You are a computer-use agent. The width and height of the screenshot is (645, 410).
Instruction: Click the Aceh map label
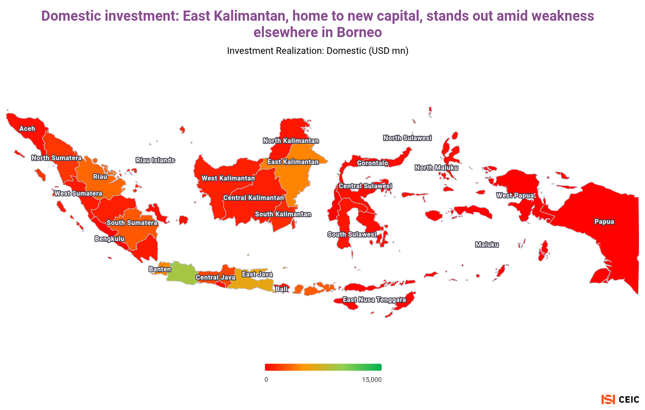point(27,128)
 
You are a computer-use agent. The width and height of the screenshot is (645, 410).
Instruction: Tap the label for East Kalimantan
point(293,162)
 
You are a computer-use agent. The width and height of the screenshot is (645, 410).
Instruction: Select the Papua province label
point(604,222)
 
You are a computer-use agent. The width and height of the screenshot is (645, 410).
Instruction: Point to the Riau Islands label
point(155,160)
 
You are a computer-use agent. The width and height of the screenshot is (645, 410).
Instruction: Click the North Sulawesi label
point(407,138)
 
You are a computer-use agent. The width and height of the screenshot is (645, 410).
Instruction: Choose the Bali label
point(281,289)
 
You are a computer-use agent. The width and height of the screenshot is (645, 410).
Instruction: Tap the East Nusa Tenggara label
point(374,300)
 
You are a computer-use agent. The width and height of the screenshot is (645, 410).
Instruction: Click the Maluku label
point(487,244)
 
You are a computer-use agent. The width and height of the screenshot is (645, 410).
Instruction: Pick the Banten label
point(160,269)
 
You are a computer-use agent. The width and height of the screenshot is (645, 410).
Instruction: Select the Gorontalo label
point(373,163)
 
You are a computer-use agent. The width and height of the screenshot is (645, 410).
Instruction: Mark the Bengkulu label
point(109,239)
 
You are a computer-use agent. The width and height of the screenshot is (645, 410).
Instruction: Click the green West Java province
point(181,273)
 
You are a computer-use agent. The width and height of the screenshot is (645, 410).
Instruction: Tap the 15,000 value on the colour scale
point(371,380)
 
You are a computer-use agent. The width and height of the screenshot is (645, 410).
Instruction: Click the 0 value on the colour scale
point(266,380)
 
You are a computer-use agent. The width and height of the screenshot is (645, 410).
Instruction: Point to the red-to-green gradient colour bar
point(323,367)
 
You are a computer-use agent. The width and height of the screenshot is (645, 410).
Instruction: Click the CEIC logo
point(620,399)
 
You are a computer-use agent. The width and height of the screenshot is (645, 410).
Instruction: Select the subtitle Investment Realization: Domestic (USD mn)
point(317,51)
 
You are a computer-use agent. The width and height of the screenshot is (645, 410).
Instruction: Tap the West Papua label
point(515,195)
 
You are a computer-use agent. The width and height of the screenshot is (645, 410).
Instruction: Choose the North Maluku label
point(436,168)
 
